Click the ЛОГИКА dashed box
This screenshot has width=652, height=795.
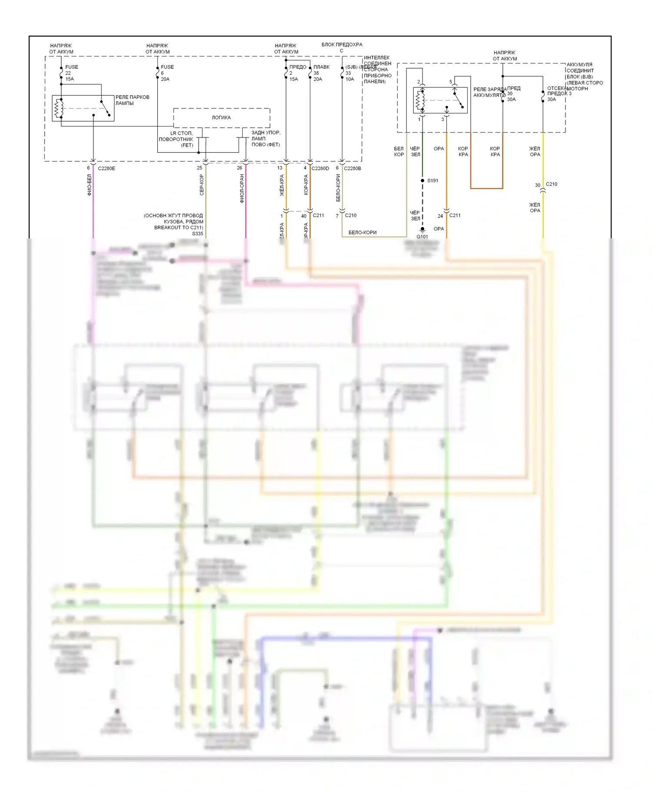[x=221, y=117]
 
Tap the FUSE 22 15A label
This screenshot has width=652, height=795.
[x=71, y=73]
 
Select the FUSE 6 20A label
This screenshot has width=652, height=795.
[x=166, y=73]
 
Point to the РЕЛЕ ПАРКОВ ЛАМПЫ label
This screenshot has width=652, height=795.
[x=132, y=100]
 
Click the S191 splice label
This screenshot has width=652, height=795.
[x=432, y=180]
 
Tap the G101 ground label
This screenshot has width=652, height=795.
[x=422, y=237]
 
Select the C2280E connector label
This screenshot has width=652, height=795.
[x=106, y=168]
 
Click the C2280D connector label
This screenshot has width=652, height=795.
[x=320, y=168]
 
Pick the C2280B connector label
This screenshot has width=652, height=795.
[x=353, y=168]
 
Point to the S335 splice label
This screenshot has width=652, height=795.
[x=197, y=234]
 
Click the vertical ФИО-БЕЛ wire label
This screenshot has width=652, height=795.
[x=90, y=185]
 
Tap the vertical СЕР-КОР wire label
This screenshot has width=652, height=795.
[x=202, y=185]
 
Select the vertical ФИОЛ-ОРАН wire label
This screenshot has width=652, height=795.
[x=242, y=188]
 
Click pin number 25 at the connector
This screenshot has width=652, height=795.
[x=199, y=168]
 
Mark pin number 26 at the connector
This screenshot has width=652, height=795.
[x=239, y=168]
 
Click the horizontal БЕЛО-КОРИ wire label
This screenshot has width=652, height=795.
[x=362, y=233]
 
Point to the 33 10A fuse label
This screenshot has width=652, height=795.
[x=349, y=76]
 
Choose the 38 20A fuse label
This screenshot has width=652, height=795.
[x=318, y=76]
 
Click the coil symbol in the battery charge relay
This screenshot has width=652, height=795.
[x=419, y=100]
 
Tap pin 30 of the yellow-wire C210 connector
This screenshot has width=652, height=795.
[x=537, y=185]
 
